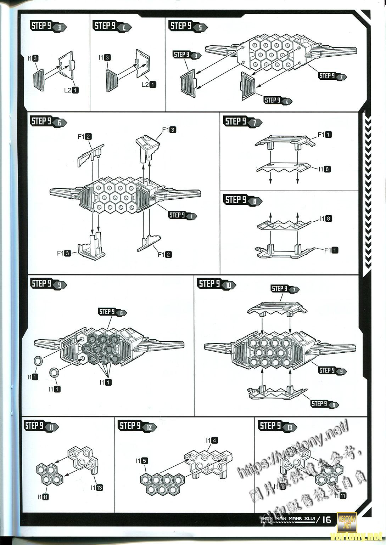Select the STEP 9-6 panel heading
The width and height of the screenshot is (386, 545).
[48, 122]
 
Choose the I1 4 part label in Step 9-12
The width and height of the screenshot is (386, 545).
[212, 440]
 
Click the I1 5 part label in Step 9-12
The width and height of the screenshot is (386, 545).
[141, 461]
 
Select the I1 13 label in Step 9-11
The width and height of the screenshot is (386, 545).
[97, 488]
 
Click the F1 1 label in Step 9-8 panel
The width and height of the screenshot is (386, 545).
[331, 250]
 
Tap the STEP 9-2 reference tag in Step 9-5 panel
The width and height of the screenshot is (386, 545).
[332, 76]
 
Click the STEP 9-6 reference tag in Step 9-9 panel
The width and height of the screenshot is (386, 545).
[112, 312]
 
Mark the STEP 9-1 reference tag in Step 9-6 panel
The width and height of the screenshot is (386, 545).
[182, 215]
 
